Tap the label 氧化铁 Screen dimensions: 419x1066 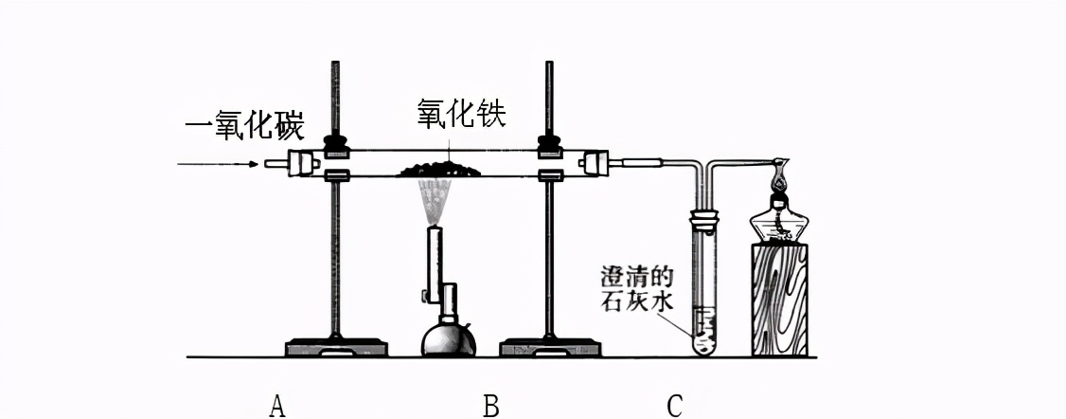tap(462, 114)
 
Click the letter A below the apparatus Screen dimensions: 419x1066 tap(276, 406)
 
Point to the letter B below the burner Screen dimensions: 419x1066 tap(490, 406)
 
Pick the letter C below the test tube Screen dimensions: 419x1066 tap(674, 406)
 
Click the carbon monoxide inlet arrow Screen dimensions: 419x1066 tap(218, 164)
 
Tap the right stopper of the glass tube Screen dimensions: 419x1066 tap(595, 163)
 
